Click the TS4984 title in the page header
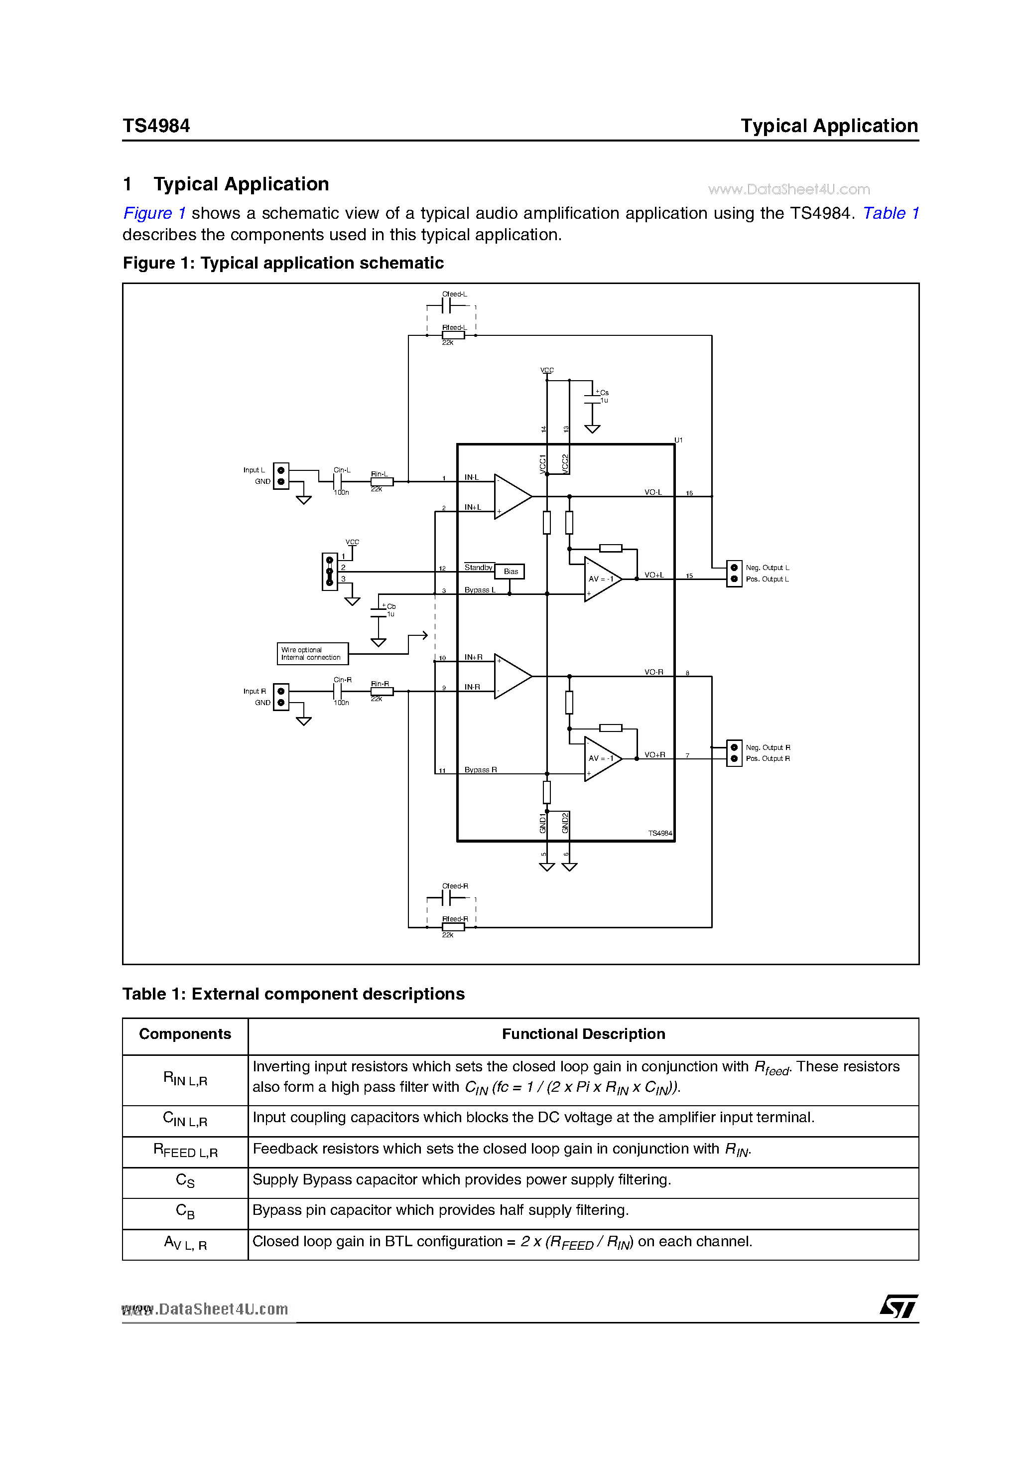pos(156,126)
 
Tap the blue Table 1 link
pos(890,213)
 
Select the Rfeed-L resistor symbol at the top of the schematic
pos(453,335)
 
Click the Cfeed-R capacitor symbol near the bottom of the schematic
pos(448,898)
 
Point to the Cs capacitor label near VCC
pos(604,393)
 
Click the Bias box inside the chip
pos(510,572)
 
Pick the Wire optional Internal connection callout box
pos(312,654)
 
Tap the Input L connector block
pos(280,476)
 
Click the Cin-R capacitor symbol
pos(338,692)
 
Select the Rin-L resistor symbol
pos(382,482)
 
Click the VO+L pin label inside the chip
pos(653,575)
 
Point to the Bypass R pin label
pos(480,770)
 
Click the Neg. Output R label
pos(768,747)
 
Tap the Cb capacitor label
pos(391,606)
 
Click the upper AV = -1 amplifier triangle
pos(602,579)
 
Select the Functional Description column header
pos(583,1034)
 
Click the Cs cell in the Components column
pos(185,1180)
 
